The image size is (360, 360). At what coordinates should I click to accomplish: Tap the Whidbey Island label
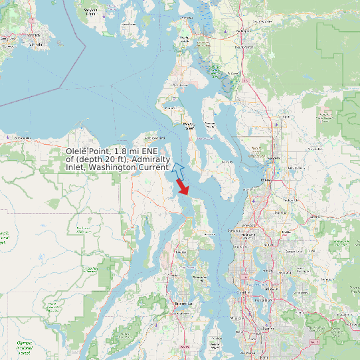click(x=189, y=126)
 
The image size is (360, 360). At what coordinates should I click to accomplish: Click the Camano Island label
click(x=211, y=124)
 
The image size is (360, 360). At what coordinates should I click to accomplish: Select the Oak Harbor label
click(x=179, y=86)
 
